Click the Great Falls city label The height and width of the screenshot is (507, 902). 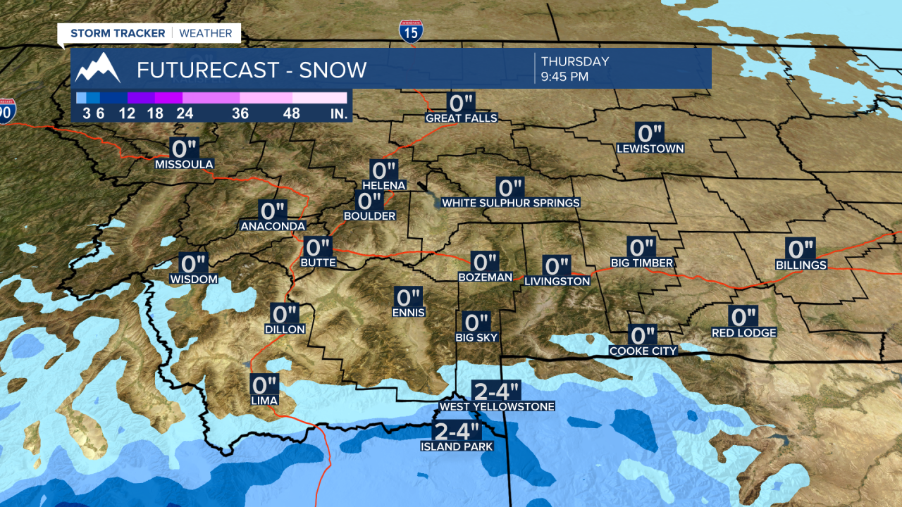[462, 118]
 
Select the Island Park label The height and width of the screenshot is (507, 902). [456, 446]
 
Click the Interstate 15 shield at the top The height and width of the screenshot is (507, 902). [410, 30]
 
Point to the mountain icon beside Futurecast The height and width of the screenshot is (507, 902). [98, 68]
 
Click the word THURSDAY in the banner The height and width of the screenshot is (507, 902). [574, 62]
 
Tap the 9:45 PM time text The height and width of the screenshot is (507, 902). [564, 77]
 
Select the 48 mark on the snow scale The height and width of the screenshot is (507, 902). [292, 113]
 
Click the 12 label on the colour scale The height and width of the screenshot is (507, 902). [128, 113]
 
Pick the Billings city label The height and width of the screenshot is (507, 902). [801, 265]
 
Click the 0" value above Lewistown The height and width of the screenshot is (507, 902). [650, 133]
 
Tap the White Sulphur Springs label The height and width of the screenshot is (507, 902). [510, 203]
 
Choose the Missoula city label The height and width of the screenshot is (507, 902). [184, 165]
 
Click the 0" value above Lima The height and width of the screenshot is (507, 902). [264, 385]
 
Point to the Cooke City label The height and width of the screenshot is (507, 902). [643, 351]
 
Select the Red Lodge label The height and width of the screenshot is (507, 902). [743, 333]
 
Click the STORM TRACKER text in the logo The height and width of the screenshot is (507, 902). [118, 33]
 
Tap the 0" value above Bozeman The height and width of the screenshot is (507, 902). [485, 262]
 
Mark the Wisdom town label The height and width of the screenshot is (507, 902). [194, 280]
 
